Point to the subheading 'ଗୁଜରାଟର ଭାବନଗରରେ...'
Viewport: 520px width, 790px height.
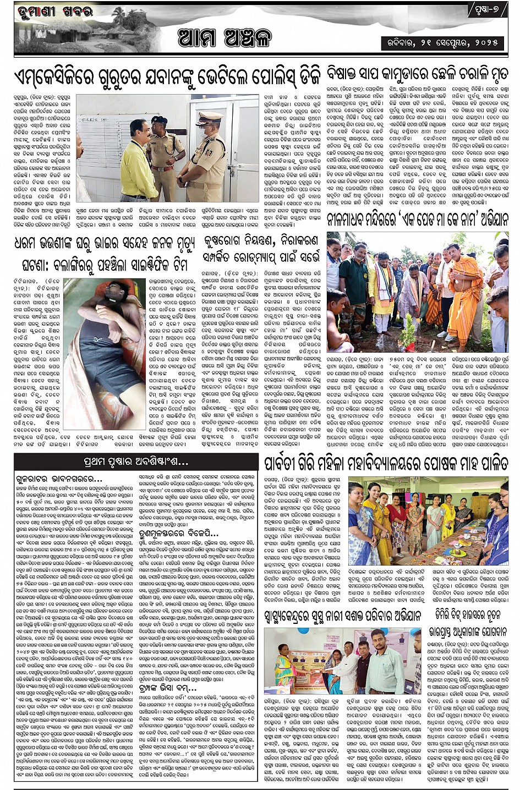tap(59, 479)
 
